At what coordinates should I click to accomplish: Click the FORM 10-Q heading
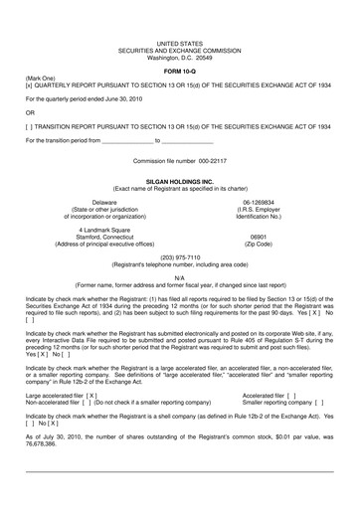179,69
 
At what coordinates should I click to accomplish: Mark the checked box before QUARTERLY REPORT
30,85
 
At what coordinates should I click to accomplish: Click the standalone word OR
31,112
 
